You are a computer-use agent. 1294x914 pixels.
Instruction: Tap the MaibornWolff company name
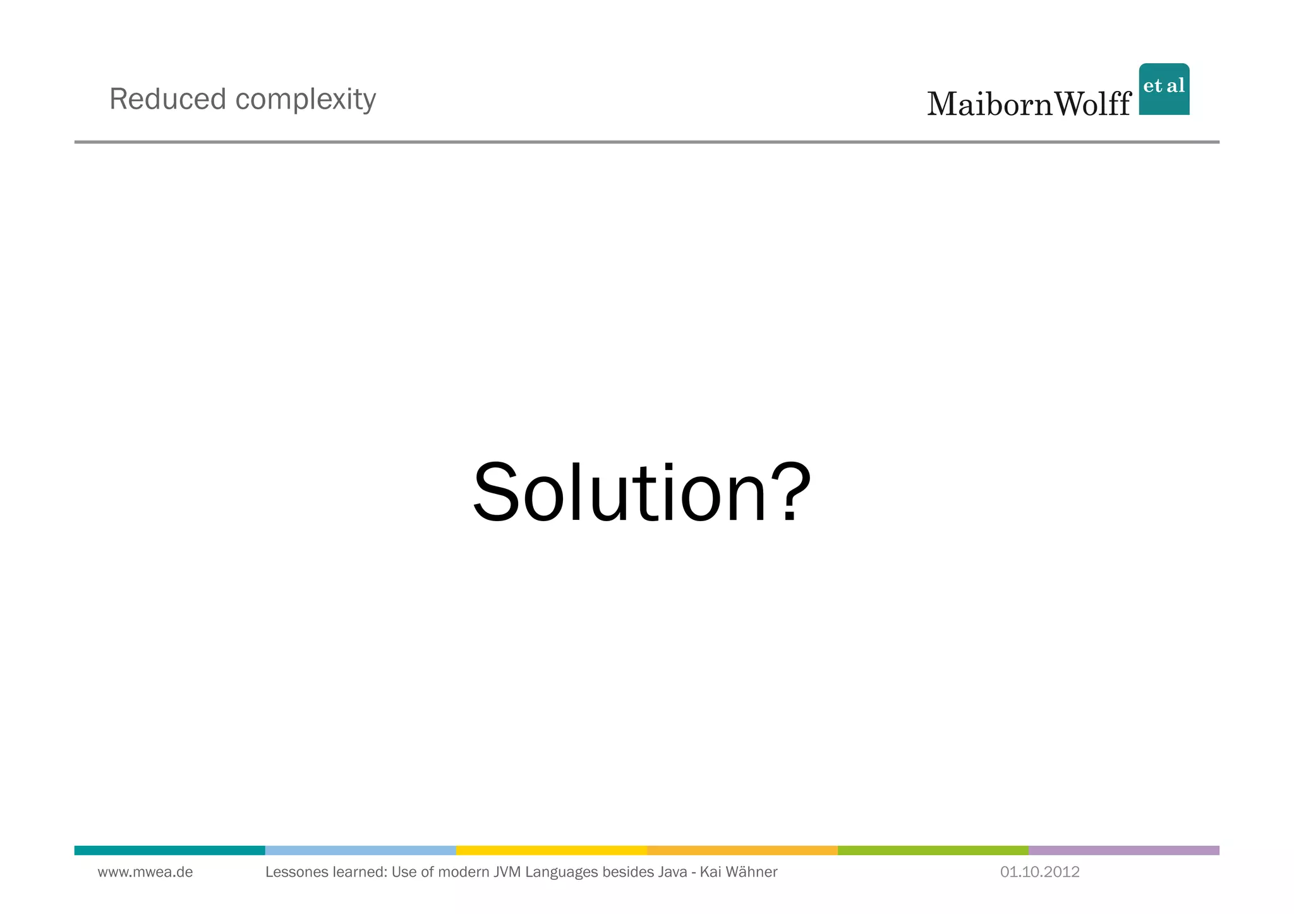pyautogui.click(x=1028, y=104)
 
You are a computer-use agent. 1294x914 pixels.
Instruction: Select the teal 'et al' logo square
pyautogui.click(x=1164, y=89)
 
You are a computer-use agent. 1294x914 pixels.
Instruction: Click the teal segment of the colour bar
pyautogui.click(x=169, y=850)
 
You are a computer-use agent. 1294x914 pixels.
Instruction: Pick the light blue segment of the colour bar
pyautogui.click(x=360, y=850)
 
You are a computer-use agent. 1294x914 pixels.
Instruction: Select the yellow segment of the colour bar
pyautogui.click(x=551, y=850)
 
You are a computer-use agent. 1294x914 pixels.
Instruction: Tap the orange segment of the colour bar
pyautogui.click(x=742, y=850)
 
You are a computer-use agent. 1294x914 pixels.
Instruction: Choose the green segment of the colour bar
pyautogui.click(x=933, y=850)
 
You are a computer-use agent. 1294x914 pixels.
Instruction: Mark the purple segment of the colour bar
pyautogui.click(x=1123, y=850)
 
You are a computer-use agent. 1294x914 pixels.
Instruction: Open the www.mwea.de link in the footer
pyautogui.click(x=145, y=872)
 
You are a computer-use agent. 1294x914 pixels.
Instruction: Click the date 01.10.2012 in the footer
pyautogui.click(x=1039, y=872)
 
